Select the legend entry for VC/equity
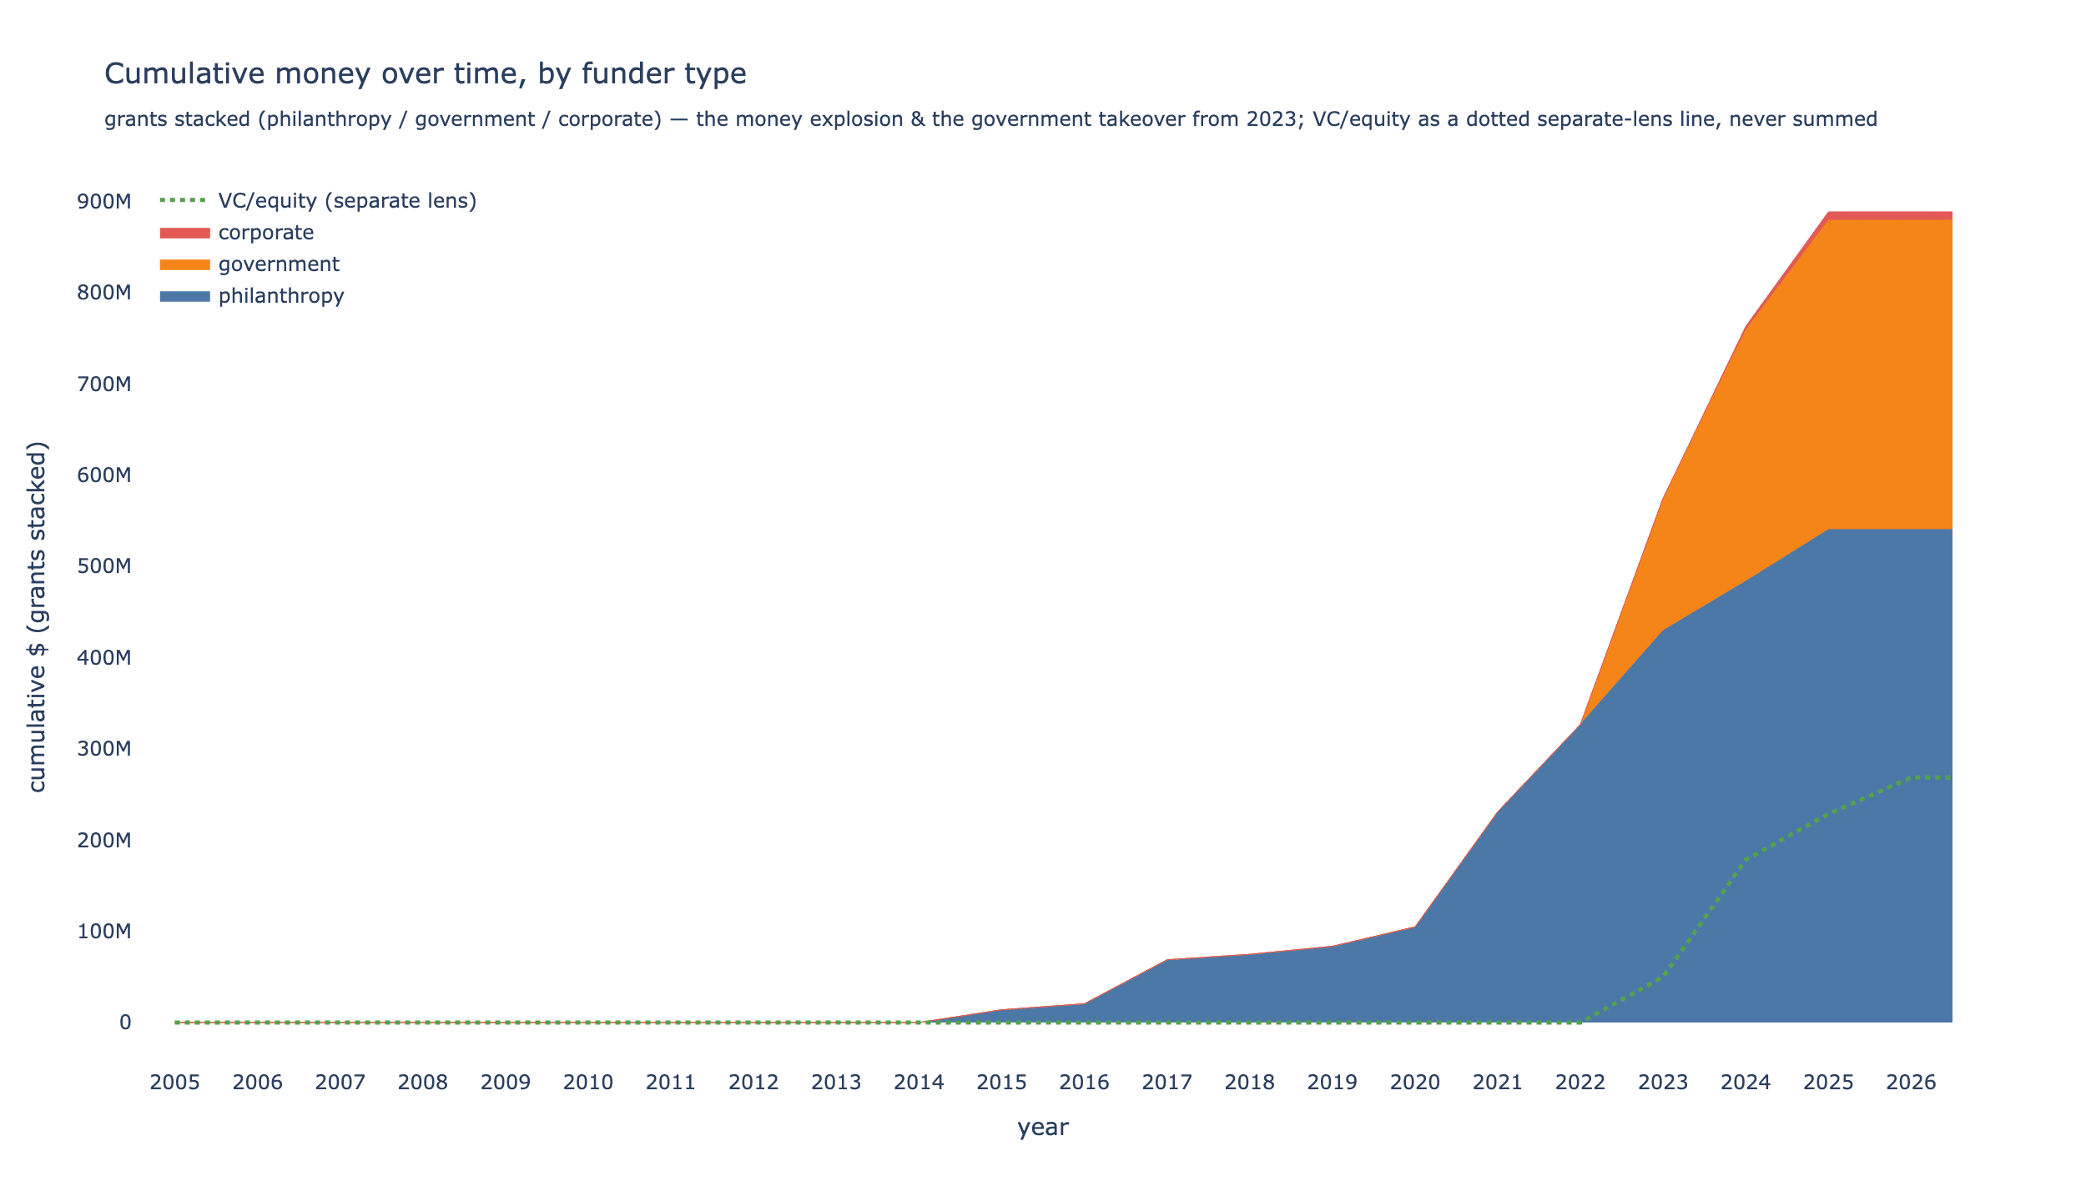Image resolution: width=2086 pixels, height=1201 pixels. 318,201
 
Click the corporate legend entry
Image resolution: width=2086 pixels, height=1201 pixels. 237,233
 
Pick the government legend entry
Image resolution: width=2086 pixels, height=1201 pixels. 249,264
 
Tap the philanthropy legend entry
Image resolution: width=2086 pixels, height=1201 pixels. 252,296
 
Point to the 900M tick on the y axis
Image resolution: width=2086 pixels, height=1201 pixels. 104,202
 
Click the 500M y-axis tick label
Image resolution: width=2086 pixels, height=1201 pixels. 104,566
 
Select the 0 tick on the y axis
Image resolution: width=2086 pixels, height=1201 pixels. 125,1023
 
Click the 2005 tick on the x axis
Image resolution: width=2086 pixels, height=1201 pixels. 174,1083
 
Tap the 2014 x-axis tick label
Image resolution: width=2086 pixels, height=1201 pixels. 919,1083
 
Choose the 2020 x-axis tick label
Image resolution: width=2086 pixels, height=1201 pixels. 1415,1083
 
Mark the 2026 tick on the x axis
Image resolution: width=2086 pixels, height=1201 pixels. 1911,1083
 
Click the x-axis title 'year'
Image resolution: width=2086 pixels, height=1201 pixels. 1043,1128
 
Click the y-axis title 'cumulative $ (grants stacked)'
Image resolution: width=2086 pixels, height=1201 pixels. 38,616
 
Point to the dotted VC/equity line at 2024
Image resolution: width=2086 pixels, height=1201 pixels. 1746,858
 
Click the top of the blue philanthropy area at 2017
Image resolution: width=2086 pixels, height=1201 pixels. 1167,960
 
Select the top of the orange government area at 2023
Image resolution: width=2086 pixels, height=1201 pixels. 1663,499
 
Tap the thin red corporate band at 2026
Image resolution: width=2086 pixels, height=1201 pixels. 1911,216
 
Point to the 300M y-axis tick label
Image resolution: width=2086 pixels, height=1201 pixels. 104,749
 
